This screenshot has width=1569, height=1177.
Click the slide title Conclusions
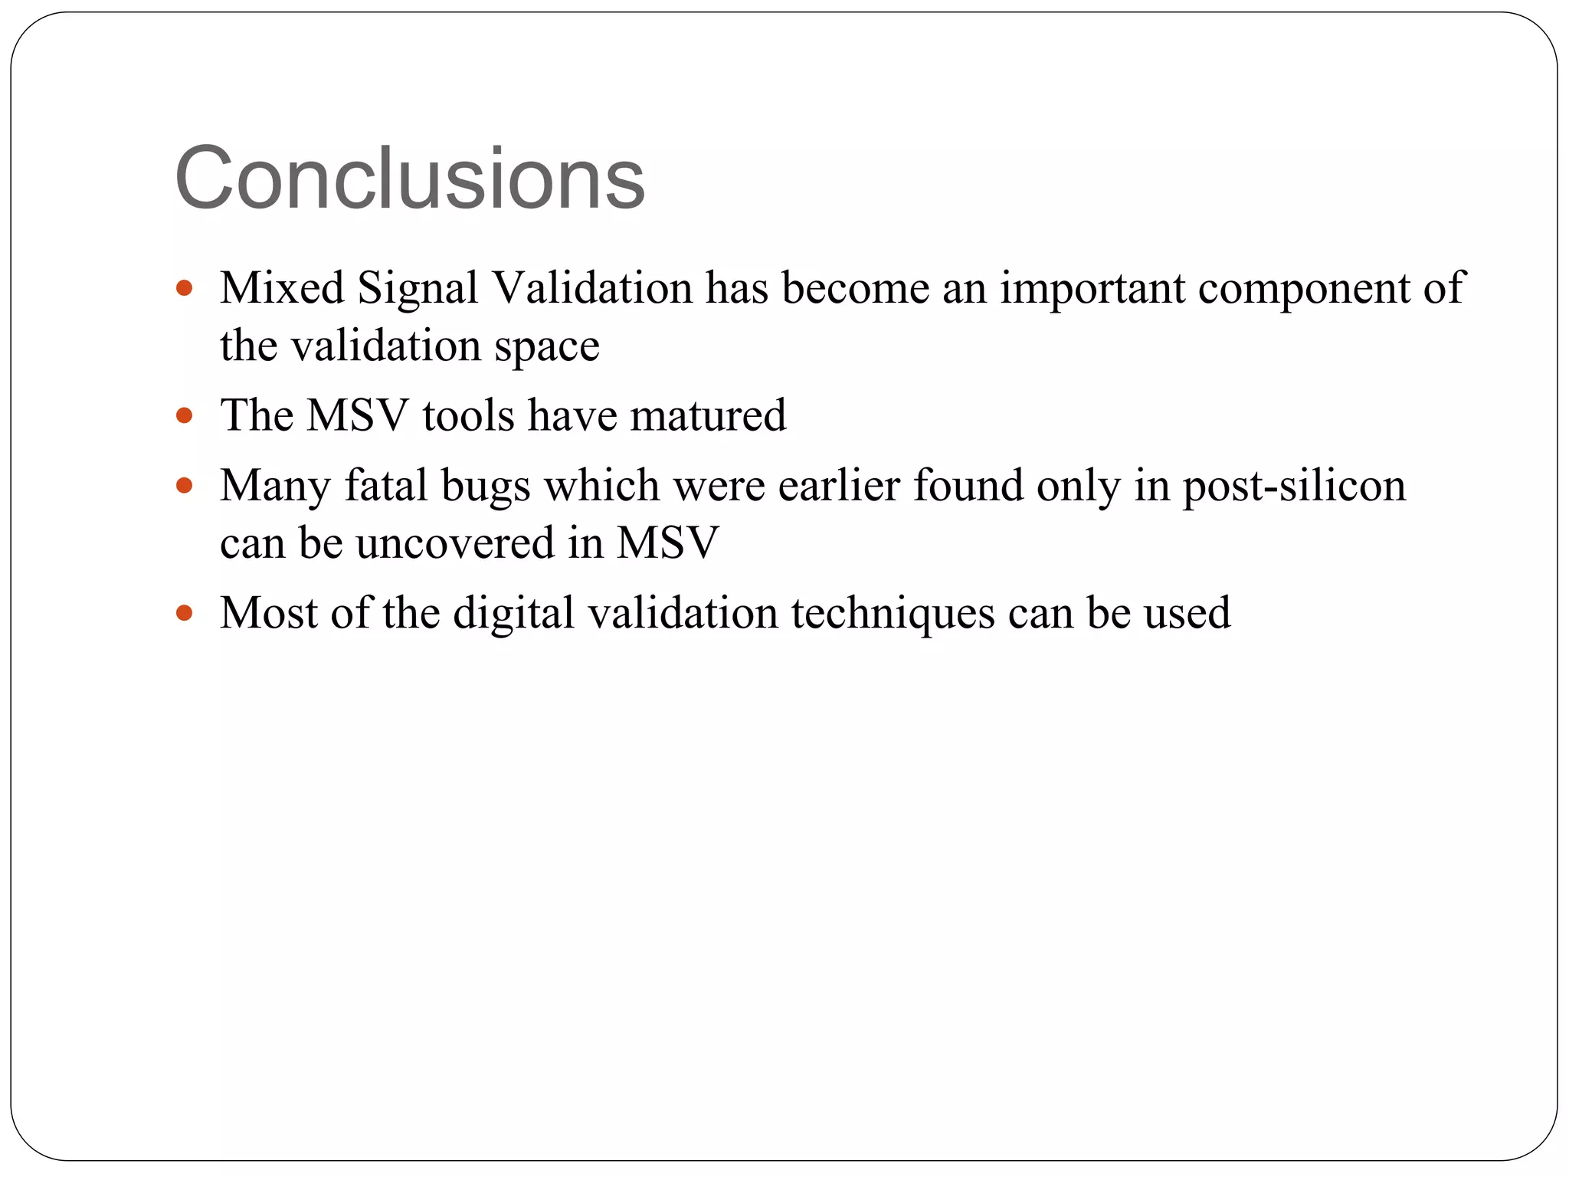410,179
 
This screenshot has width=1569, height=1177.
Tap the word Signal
418,290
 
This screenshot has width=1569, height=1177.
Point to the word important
1092,290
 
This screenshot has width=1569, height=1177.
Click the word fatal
385,486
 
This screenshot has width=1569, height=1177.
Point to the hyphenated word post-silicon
1294,487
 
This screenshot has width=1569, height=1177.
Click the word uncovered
455,543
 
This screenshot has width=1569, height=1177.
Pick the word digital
513,615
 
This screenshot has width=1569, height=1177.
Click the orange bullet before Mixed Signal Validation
184,289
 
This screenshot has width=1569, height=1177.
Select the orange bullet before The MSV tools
184,416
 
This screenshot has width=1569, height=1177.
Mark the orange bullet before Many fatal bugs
184,486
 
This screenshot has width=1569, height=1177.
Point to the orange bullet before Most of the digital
184,613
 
